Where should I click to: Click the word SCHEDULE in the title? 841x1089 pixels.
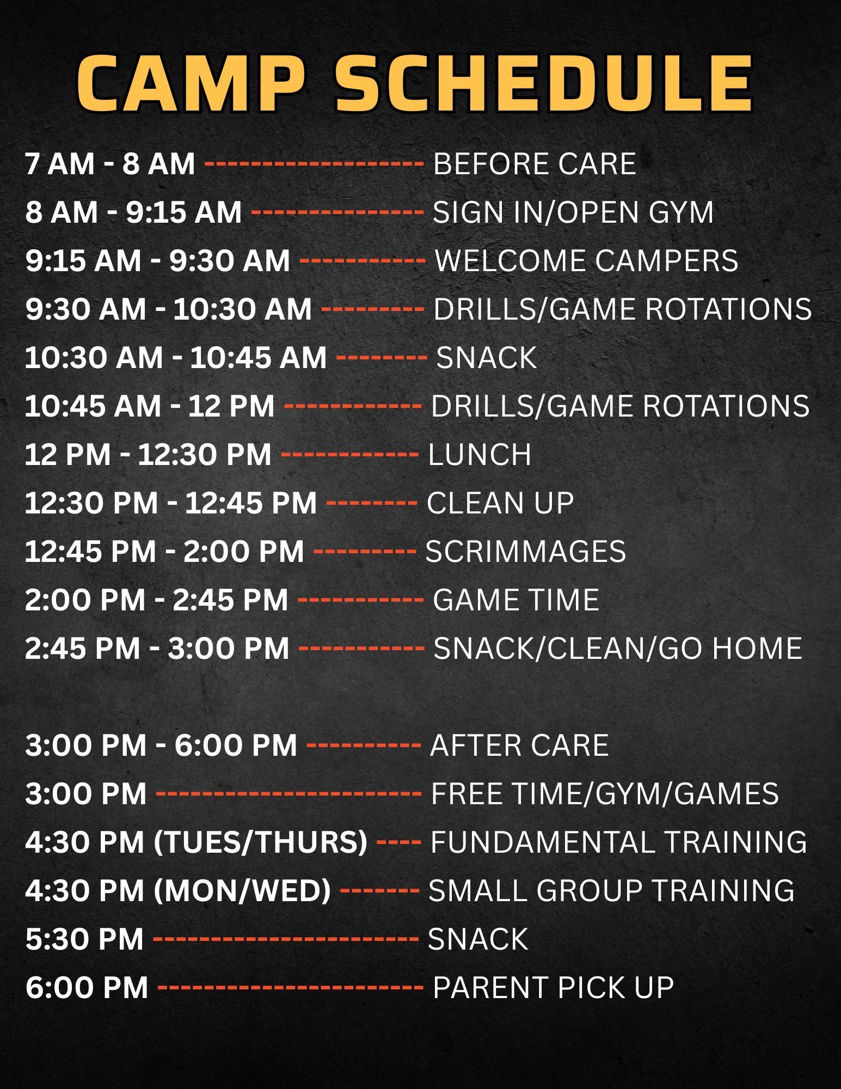click(x=544, y=83)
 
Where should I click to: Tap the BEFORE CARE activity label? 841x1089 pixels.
click(x=535, y=163)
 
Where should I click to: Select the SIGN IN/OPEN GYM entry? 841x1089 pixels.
click(x=573, y=212)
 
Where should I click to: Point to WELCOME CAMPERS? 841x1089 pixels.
click(x=587, y=260)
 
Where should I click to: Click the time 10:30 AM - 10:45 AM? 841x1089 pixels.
click(x=176, y=357)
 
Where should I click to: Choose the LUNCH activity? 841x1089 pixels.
click(x=480, y=454)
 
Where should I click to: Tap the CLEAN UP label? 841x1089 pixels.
click(x=500, y=503)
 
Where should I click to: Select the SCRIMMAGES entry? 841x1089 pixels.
click(x=526, y=551)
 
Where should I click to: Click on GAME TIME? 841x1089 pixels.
click(x=516, y=599)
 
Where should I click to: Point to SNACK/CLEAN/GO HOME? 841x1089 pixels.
click(x=618, y=648)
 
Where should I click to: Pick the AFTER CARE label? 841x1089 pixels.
click(x=519, y=745)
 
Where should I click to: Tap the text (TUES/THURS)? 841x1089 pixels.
click(x=261, y=842)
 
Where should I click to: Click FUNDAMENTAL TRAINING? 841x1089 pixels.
click(x=619, y=842)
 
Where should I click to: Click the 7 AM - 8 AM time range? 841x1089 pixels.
click(x=110, y=163)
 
